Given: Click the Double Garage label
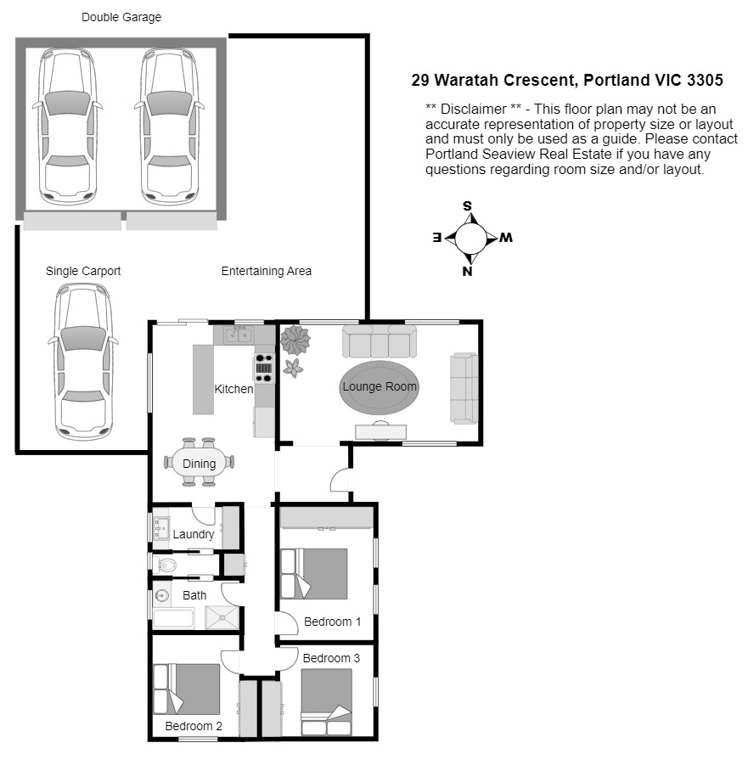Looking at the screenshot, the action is coord(121,17).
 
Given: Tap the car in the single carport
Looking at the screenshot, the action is coord(83,362).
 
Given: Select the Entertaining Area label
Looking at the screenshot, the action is coord(266,271).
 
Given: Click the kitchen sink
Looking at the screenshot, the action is coord(239,335).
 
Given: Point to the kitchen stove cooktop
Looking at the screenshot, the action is coord(263,368).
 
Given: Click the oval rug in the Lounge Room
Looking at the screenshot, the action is coord(379,387).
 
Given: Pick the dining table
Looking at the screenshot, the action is coord(200,462).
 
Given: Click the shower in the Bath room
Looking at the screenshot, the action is coord(222,617).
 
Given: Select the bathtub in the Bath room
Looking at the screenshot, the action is coord(173,618).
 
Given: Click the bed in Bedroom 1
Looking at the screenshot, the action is coord(314,573).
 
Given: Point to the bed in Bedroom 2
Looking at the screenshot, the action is coord(187,689).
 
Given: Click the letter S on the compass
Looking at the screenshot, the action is coord(467,205).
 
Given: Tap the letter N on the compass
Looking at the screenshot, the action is coord(467,272).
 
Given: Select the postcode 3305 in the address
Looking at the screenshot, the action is coord(705,80).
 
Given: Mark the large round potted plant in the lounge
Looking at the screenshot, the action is coord(295,340).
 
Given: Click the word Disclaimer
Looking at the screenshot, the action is coord(473,109).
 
